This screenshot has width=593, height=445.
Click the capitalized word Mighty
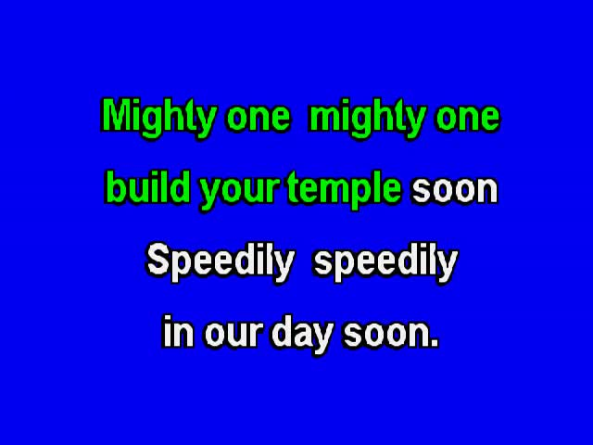pyautogui.click(x=159, y=118)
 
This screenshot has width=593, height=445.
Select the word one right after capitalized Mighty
pyautogui.click(x=259, y=117)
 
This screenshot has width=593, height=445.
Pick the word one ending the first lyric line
pyautogui.click(x=468, y=117)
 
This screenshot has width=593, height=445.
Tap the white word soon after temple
pyautogui.click(x=455, y=190)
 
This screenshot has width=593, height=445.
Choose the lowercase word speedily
pyautogui.click(x=386, y=261)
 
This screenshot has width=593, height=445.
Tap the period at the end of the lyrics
pyautogui.click(x=435, y=343)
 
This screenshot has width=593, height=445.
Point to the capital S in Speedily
pyautogui.click(x=158, y=259)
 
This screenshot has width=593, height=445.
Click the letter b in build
pyautogui.click(x=115, y=187)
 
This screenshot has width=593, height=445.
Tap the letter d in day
pyautogui.click(x=283, y=332)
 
